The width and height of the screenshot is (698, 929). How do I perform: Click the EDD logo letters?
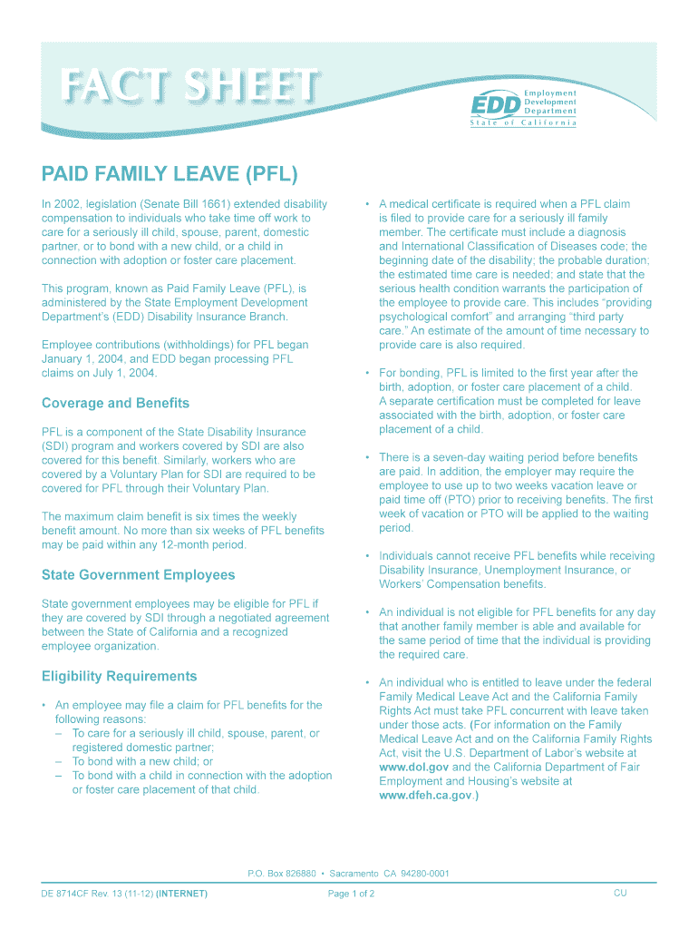pos(494,105)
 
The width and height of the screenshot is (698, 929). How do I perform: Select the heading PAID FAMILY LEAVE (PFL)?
pos(170,173)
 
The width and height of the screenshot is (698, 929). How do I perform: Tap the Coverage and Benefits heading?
pos(115,403)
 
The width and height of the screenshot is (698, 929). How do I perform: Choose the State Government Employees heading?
pos(138,575)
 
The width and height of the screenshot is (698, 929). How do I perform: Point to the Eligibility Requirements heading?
pos(119,677)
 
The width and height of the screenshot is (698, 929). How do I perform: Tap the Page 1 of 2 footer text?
pos(352,894)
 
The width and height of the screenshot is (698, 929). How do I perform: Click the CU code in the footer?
pos(620,894)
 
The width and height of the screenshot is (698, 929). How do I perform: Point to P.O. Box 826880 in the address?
pos(281,874)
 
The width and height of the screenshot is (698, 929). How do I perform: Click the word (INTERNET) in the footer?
pos(181,894)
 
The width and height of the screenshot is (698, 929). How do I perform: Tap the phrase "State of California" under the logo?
pos(523,123)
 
